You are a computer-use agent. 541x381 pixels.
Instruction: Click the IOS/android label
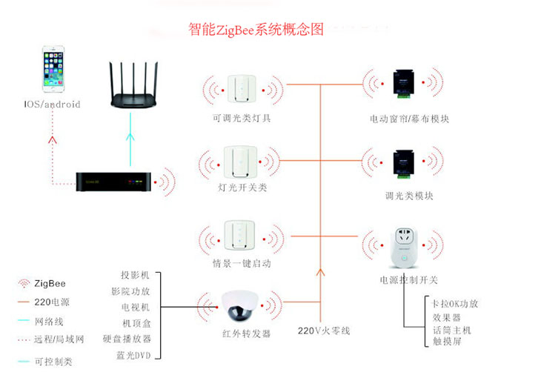coord(50,105)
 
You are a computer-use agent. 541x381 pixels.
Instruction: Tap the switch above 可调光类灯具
coord(241,90)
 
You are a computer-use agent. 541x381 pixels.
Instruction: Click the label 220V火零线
coord(324,331)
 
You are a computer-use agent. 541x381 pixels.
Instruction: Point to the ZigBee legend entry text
coord(51,283)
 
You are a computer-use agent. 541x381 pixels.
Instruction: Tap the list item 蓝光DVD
coord(133,355)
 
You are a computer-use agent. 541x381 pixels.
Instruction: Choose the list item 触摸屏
coord(446,343)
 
